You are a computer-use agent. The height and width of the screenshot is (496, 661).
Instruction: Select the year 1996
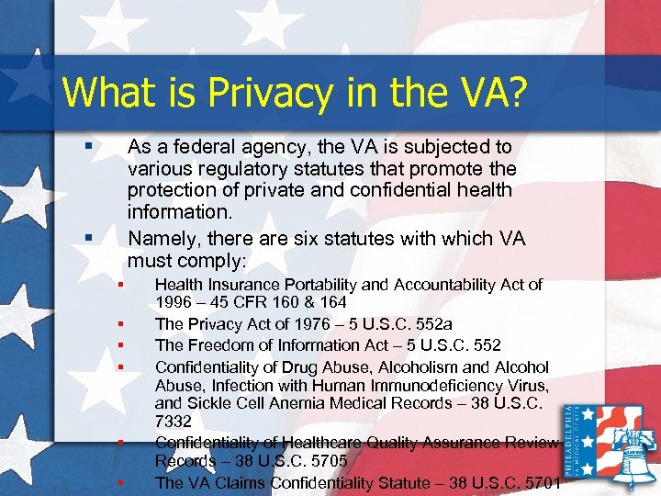coord(174,303)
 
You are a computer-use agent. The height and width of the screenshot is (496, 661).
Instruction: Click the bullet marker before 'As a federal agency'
coord(87,147)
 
